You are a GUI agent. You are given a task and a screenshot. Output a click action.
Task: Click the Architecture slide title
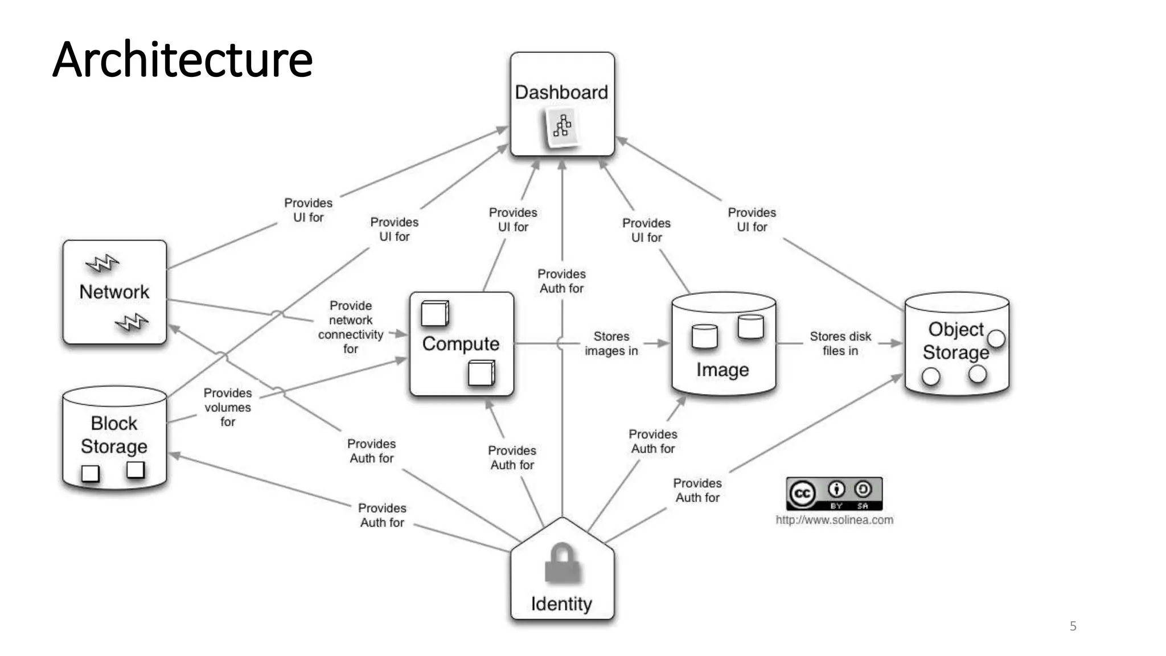(182, 60)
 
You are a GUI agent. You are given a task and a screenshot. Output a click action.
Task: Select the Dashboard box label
(561, 92)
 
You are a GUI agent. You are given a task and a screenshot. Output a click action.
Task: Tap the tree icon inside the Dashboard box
(562, 126)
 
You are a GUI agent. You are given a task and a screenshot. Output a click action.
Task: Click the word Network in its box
(114, 292)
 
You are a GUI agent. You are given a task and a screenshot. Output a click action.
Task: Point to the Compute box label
(461, 344)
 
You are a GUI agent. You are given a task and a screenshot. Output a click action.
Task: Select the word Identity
(561, 604)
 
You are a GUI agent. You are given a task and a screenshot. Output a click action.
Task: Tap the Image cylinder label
(722, 370)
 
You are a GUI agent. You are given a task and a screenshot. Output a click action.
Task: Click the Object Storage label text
(956, 341)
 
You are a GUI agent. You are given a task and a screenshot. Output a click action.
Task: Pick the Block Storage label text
(114, 435)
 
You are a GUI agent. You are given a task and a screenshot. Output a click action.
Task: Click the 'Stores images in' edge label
(611, 343)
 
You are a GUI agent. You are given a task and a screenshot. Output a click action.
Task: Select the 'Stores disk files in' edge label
(840, 343)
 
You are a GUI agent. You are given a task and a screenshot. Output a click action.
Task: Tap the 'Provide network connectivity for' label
(351, 327)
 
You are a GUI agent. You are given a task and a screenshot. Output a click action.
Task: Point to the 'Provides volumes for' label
(228, 407)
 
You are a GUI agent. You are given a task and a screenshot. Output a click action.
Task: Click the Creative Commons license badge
(834, 494)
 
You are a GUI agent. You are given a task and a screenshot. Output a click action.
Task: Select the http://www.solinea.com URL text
(834, 520)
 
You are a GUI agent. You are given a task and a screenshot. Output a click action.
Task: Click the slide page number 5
(1073, 626)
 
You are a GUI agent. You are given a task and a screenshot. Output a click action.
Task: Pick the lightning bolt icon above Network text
(102, 263)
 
